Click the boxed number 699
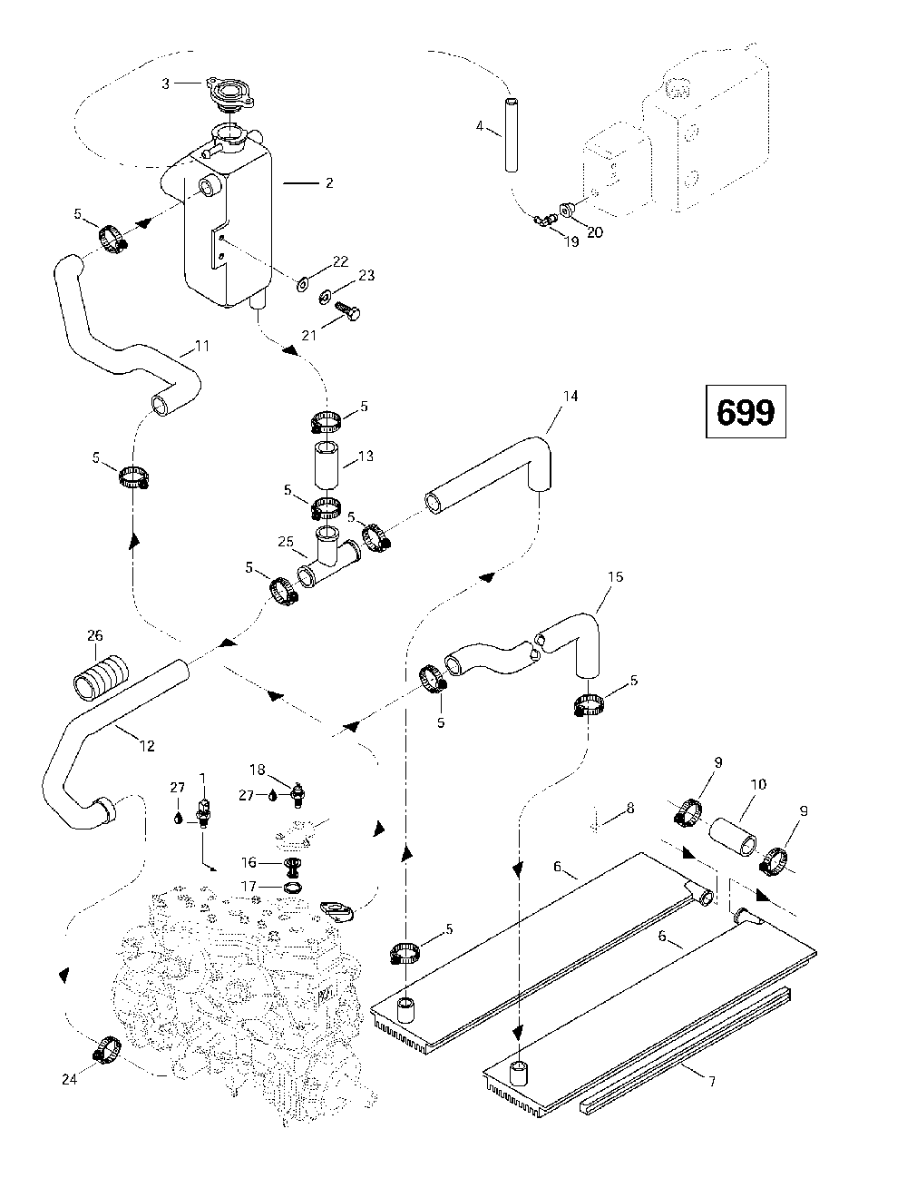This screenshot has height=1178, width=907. (746, 413)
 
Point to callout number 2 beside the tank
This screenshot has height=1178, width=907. (328, 183)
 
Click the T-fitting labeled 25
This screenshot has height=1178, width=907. (328, 564)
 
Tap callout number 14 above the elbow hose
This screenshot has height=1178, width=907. (570, 397)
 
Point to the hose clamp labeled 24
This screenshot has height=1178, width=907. (107, 1050)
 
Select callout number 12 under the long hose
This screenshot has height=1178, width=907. (147, 746)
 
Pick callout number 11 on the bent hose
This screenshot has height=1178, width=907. (202, 346)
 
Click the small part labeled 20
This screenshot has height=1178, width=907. (569, 211)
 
